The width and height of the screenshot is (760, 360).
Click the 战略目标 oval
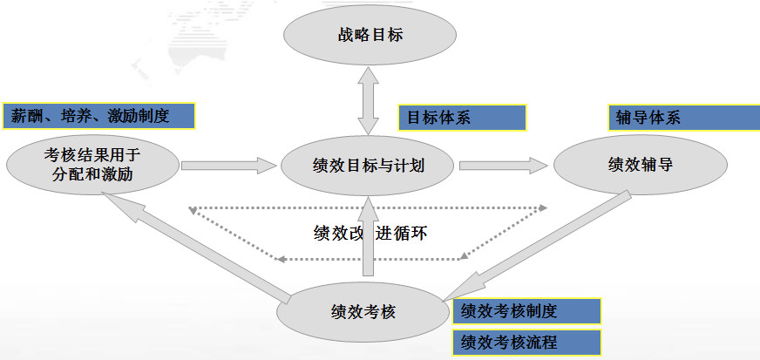[369, 37]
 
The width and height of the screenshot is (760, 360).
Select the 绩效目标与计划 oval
[369, 164]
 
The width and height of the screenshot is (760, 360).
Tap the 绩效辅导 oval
[640, 164]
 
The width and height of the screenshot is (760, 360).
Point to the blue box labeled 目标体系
[462, 118]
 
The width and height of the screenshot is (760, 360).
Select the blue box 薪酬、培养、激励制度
[98, 115]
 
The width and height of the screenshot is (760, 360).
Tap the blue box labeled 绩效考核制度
[526, 311]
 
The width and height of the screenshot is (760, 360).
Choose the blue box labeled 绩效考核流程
[526, 341]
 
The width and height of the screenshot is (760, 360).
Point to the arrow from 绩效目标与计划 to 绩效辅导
[500, 164]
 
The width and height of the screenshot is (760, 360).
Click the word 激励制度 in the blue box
[138, 115]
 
